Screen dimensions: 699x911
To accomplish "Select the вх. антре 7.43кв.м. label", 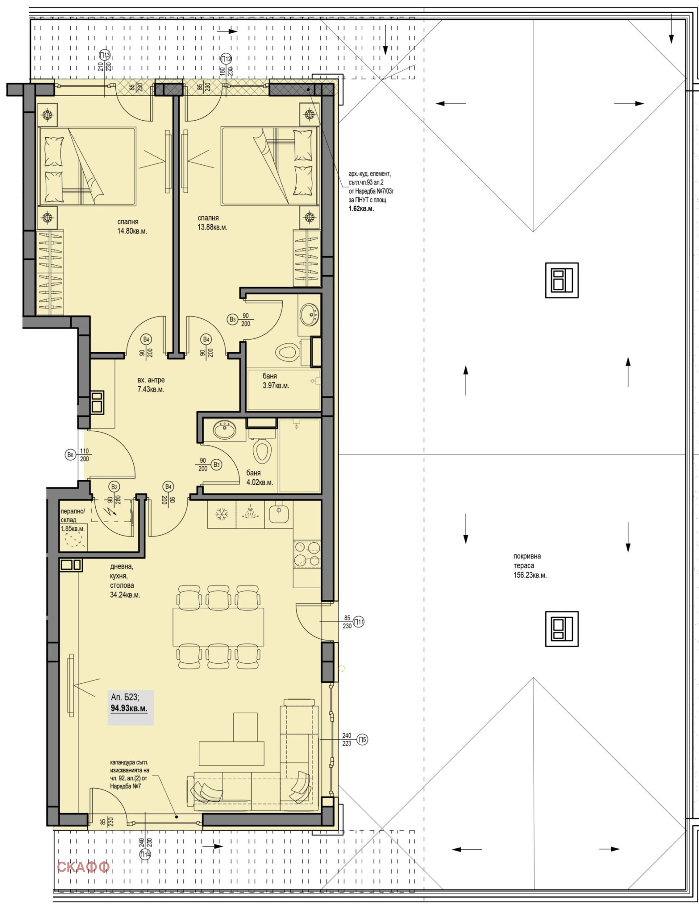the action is click(x=151, y=384).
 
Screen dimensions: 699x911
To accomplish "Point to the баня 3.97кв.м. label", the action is click(x=276, y=381).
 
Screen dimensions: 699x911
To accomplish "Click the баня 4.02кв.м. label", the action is click(x=260, y=478).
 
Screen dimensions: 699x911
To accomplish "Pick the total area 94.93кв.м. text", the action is click(x=129, y=708).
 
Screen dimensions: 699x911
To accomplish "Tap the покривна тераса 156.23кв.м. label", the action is click(x=530, y=565).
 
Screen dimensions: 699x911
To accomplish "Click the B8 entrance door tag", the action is click(x=70, y=455).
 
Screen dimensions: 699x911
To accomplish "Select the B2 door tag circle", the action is click(x=114, y=487).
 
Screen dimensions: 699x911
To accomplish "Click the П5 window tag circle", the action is click(x=362, y=740).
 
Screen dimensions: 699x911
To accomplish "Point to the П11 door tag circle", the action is click(x=358, y=622).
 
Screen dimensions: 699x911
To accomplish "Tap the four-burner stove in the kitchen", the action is click(x=307, y=554).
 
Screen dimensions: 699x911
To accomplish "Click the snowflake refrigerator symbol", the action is click(x=221, y=514).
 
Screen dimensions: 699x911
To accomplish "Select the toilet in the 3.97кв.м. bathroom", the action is click(x=288, y=351).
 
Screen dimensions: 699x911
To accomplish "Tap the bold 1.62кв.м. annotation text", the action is click(x=361, y=209).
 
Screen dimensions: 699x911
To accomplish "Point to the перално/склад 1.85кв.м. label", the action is click(x=73, y=520).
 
